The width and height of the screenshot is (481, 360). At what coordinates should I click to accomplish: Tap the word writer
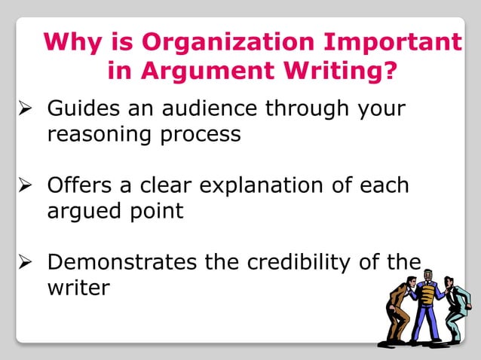click(78, 288)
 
